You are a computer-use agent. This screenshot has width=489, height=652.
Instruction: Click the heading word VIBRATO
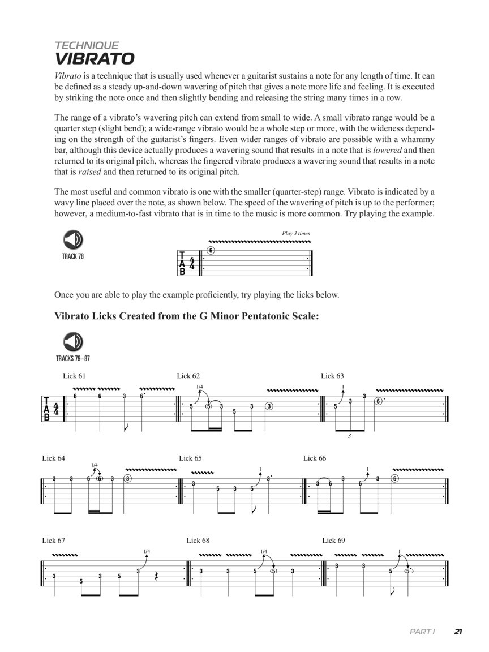[x=94, y=59]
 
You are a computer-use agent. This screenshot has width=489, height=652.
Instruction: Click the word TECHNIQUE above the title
[x=87, y=45]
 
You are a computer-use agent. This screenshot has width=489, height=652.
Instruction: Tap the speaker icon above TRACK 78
[x=73, y=241]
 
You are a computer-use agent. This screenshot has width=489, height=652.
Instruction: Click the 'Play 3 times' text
[x=295, y=233]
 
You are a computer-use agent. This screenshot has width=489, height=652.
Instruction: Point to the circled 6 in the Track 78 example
[x=211, y=251]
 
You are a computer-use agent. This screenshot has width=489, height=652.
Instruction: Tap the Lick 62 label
[x=188, y=376]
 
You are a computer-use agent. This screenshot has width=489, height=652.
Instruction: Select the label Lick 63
[x=332, y=376]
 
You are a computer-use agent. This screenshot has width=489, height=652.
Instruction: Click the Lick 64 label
[x=53, y=458]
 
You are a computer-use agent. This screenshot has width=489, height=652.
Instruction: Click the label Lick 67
[x=53, y=541]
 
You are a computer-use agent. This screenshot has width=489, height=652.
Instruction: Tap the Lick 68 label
[x=198, y=541]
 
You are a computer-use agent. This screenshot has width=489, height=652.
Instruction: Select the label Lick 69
[x=333, y=541]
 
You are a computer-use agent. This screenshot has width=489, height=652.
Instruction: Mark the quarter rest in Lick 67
[x=156, y=577]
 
